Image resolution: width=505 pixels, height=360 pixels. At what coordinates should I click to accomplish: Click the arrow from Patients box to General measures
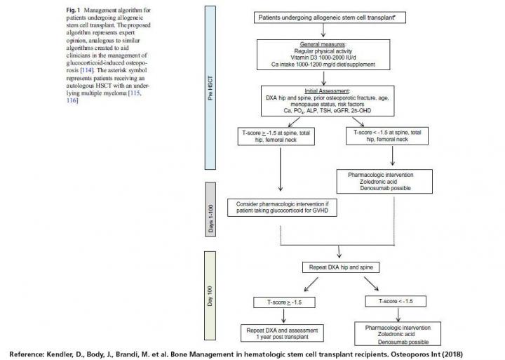point(323,29)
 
